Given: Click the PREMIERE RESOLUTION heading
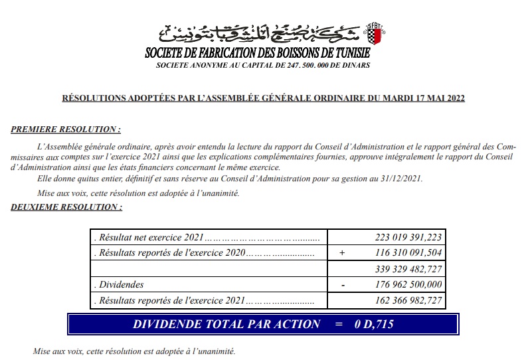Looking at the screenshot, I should click(66, 129).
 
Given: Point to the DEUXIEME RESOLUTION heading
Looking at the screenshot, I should click(66, 207).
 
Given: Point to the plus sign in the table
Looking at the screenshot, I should click(342, 253).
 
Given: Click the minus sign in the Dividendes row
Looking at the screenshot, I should click(343, 285).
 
